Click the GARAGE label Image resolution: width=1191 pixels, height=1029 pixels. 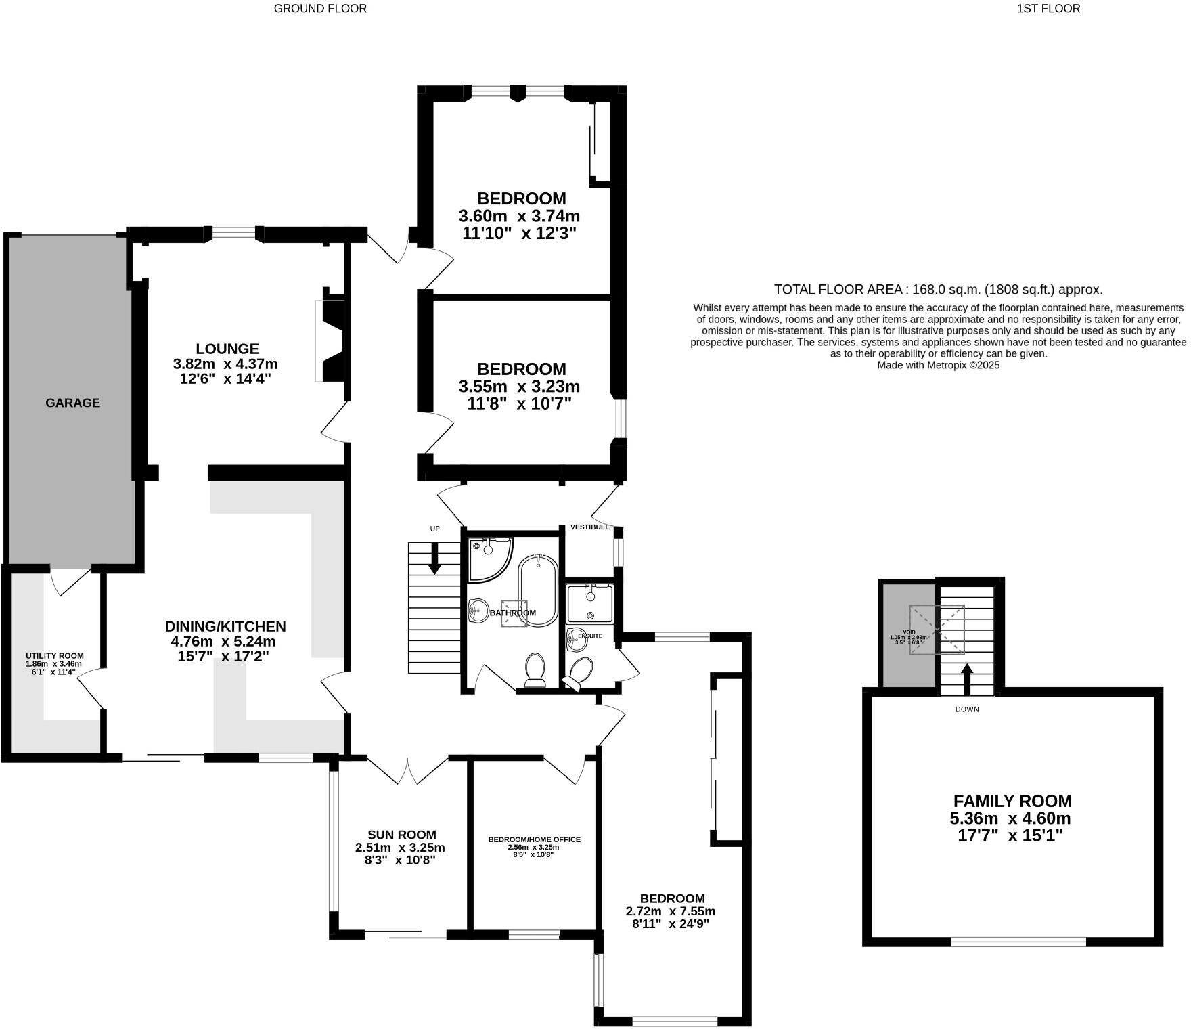click(x=72, y=403)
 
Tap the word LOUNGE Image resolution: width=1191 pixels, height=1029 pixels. click(x=227, y=349)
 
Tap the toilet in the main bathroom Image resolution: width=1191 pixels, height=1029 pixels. click(x=535, y=670)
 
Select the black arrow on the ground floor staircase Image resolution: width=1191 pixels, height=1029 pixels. click(x=434, y=559)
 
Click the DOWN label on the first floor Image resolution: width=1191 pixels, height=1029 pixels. click(x=967, y=709)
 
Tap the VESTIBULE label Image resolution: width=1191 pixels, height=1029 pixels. click(x=590, y=527)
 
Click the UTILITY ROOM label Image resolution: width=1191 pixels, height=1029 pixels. click(x=55, y=656)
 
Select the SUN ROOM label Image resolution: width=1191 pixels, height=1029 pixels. click(x=401, y=835)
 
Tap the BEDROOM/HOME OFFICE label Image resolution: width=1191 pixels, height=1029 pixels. click(x=535, y=839)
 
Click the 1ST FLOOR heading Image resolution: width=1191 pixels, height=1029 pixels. click(x=1048, y=9)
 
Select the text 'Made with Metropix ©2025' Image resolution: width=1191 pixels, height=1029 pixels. click(x=938, y=365)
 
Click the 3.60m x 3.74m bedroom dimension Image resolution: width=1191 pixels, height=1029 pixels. click(x=519, y=217)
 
